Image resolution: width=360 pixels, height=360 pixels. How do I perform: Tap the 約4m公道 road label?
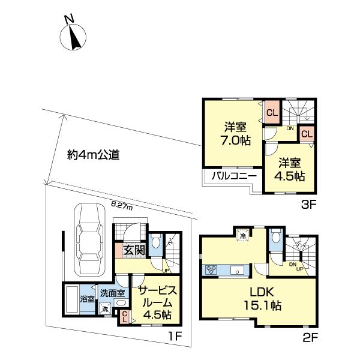(x=93, y=155)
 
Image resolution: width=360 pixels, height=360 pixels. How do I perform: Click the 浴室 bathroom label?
(x=87, y=299)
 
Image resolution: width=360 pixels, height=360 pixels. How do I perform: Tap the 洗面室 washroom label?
(x=112, y=293)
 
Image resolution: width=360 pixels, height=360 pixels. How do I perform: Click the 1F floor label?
(x=175, y=337)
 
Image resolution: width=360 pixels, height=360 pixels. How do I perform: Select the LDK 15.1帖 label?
(x=262, y=298)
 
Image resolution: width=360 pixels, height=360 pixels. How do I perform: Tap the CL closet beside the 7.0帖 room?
(x=271, y=113)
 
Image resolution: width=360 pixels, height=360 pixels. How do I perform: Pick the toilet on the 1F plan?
(x=156, y=242)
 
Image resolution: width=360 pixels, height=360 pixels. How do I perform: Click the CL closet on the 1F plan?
(x=124, y=316)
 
